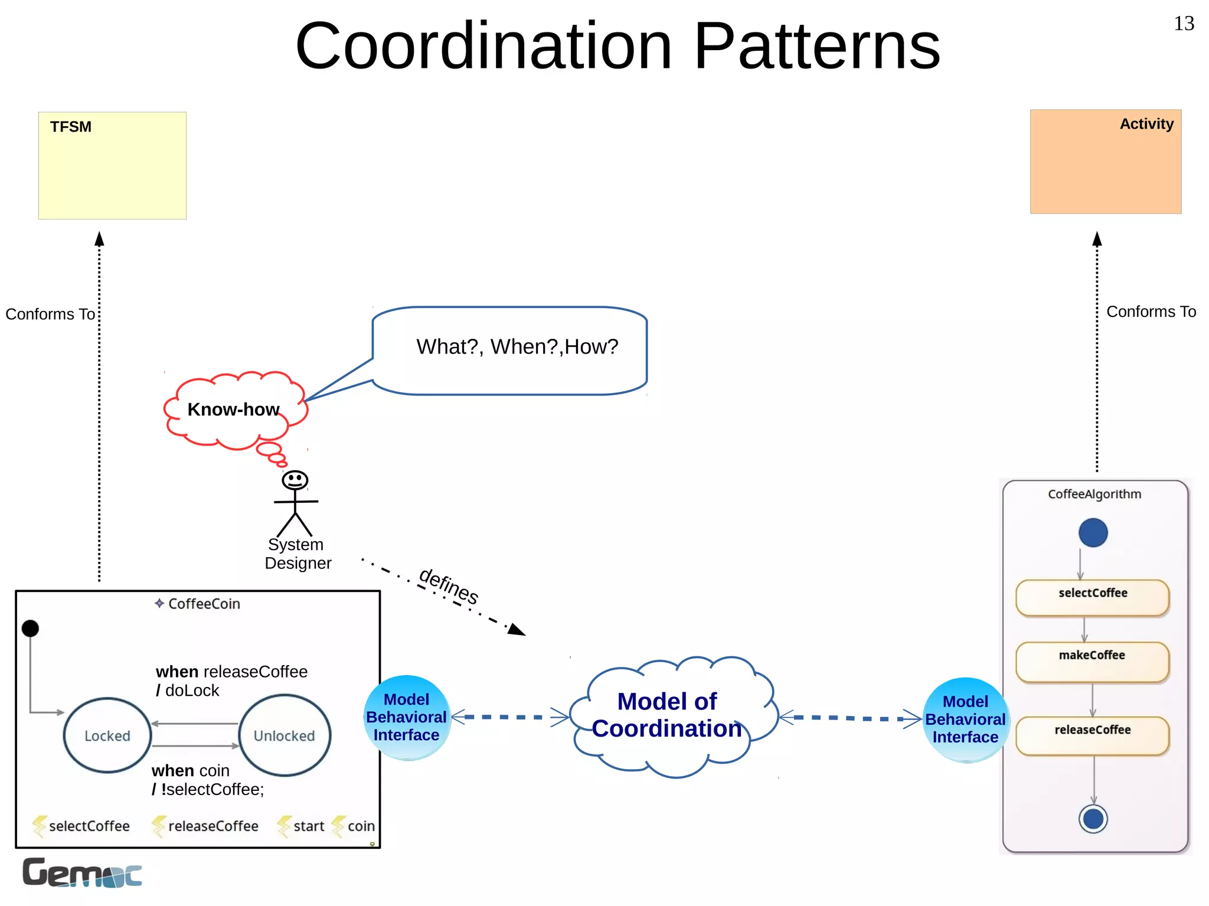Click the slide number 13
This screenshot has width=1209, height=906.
coord(1183,24)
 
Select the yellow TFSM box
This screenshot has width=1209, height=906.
coord(112,166)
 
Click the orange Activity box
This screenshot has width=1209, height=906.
coord(1105,162)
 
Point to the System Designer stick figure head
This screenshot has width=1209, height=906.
coord(295,480)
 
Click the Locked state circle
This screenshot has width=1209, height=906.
coord(107,735)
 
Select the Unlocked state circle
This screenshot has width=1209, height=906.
coord(285,735)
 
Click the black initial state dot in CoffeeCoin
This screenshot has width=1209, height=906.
coord(30,629)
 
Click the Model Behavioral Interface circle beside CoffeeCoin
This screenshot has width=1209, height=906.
coord(407,717)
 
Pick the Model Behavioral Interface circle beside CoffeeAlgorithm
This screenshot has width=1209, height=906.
coord(965,719)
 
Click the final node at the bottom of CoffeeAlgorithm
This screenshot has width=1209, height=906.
coord(1093,819)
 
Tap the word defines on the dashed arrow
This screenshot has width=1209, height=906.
coord(449,586)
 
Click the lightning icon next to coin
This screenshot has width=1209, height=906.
coord(338,826)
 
